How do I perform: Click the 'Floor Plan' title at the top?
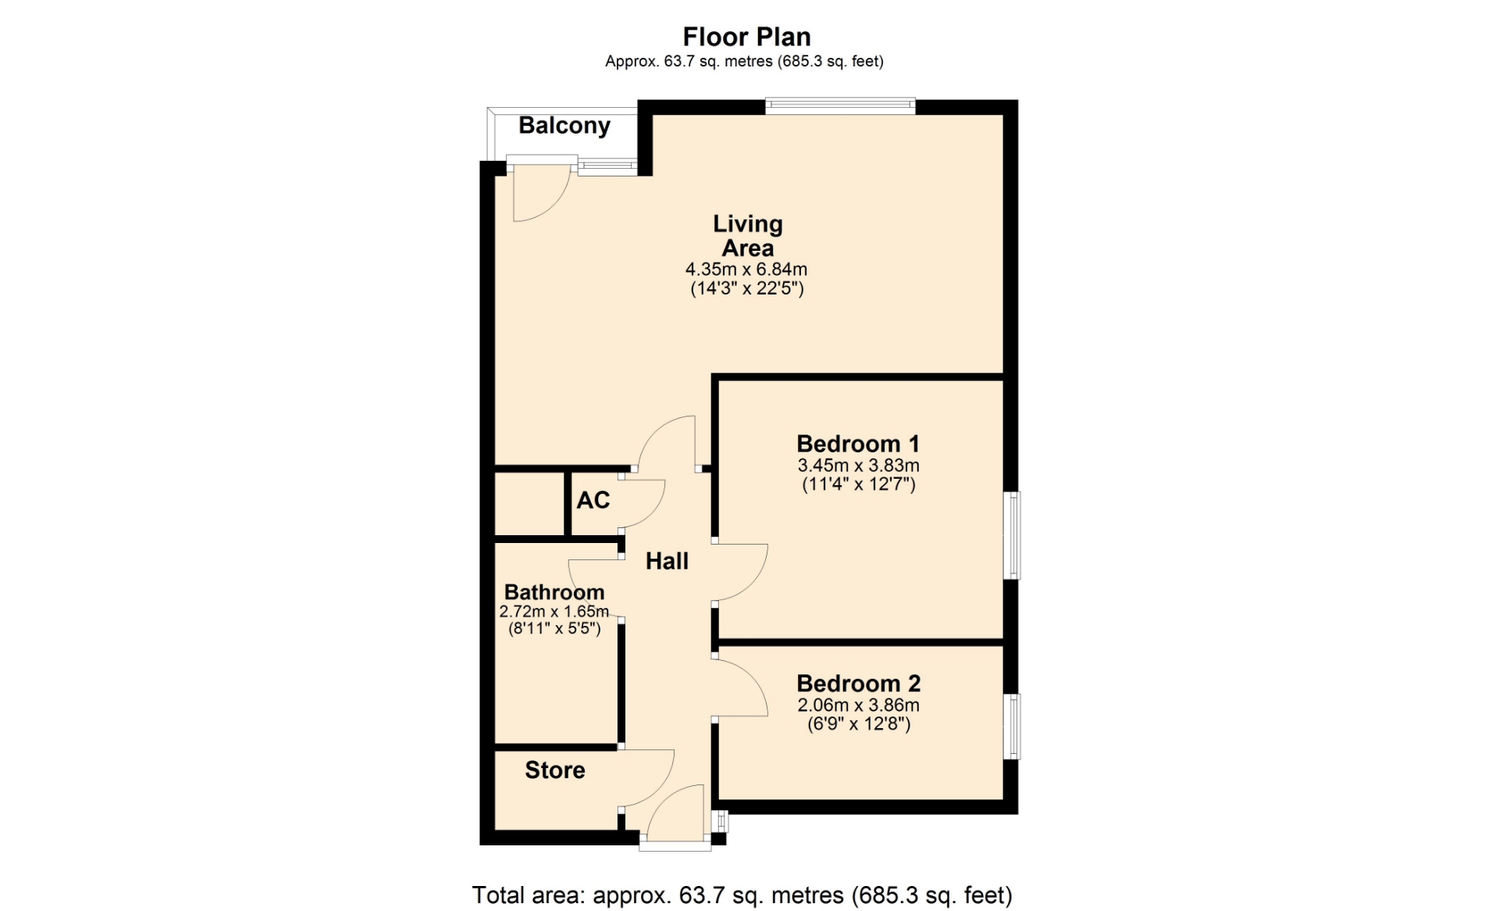click(x=746, y=37)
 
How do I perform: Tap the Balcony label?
click(x=564, y=126)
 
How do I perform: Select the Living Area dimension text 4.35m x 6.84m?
click(x=746, y=270)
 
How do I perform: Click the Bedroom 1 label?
click(x=858, y=444)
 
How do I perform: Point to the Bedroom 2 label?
click(x=859, y=684)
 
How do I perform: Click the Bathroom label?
click(x=554, y=592)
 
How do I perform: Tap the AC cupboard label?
click(x=593, y=500)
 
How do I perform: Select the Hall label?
click(x=667, y=561)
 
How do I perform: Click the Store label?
click(x=555, y=770)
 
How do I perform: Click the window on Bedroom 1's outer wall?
click(x=1012, y=535)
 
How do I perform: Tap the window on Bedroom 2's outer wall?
click(x=1012, y=727)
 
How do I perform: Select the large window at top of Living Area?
click(x=840, y=106)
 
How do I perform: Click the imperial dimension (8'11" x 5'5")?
click(x=554, y=628)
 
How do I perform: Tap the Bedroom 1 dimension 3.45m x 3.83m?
click(x=858, y=466)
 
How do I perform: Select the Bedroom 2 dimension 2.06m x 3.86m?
click(x=858, y=706)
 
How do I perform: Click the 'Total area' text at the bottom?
click(x=742, y=895)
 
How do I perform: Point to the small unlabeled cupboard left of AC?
click(x=529, y=503)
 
